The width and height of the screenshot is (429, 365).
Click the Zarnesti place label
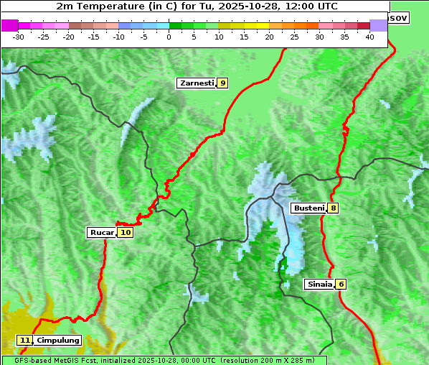(x=197, y=83)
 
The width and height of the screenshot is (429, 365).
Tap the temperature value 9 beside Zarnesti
(x=223, y=83)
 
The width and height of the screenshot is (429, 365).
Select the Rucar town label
(x=102, y=233)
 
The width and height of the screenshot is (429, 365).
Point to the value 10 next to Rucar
(x=126, y=233)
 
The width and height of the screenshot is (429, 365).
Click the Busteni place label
(x=308, y=208)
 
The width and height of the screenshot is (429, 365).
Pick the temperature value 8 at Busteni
(x=334, y=208)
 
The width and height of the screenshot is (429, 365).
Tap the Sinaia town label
(x=319, y=284)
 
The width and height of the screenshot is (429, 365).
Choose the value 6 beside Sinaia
(x=341, y=284)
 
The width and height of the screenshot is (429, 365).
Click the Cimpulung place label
(x=58, y=340)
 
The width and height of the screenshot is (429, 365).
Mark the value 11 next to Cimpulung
(x=25, y=340)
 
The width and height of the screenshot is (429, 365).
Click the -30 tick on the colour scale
(x=19, y=37)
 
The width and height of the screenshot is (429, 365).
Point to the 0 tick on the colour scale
(x=169, y=37)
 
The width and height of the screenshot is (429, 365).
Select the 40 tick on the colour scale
(x=369, y=37)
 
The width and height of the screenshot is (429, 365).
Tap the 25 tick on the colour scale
(x=294, y=37)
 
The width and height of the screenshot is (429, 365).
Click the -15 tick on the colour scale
(x=94, y=37)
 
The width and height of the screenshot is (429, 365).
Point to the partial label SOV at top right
(x=398, y=17)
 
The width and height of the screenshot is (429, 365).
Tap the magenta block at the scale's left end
(x=10, y=25)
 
